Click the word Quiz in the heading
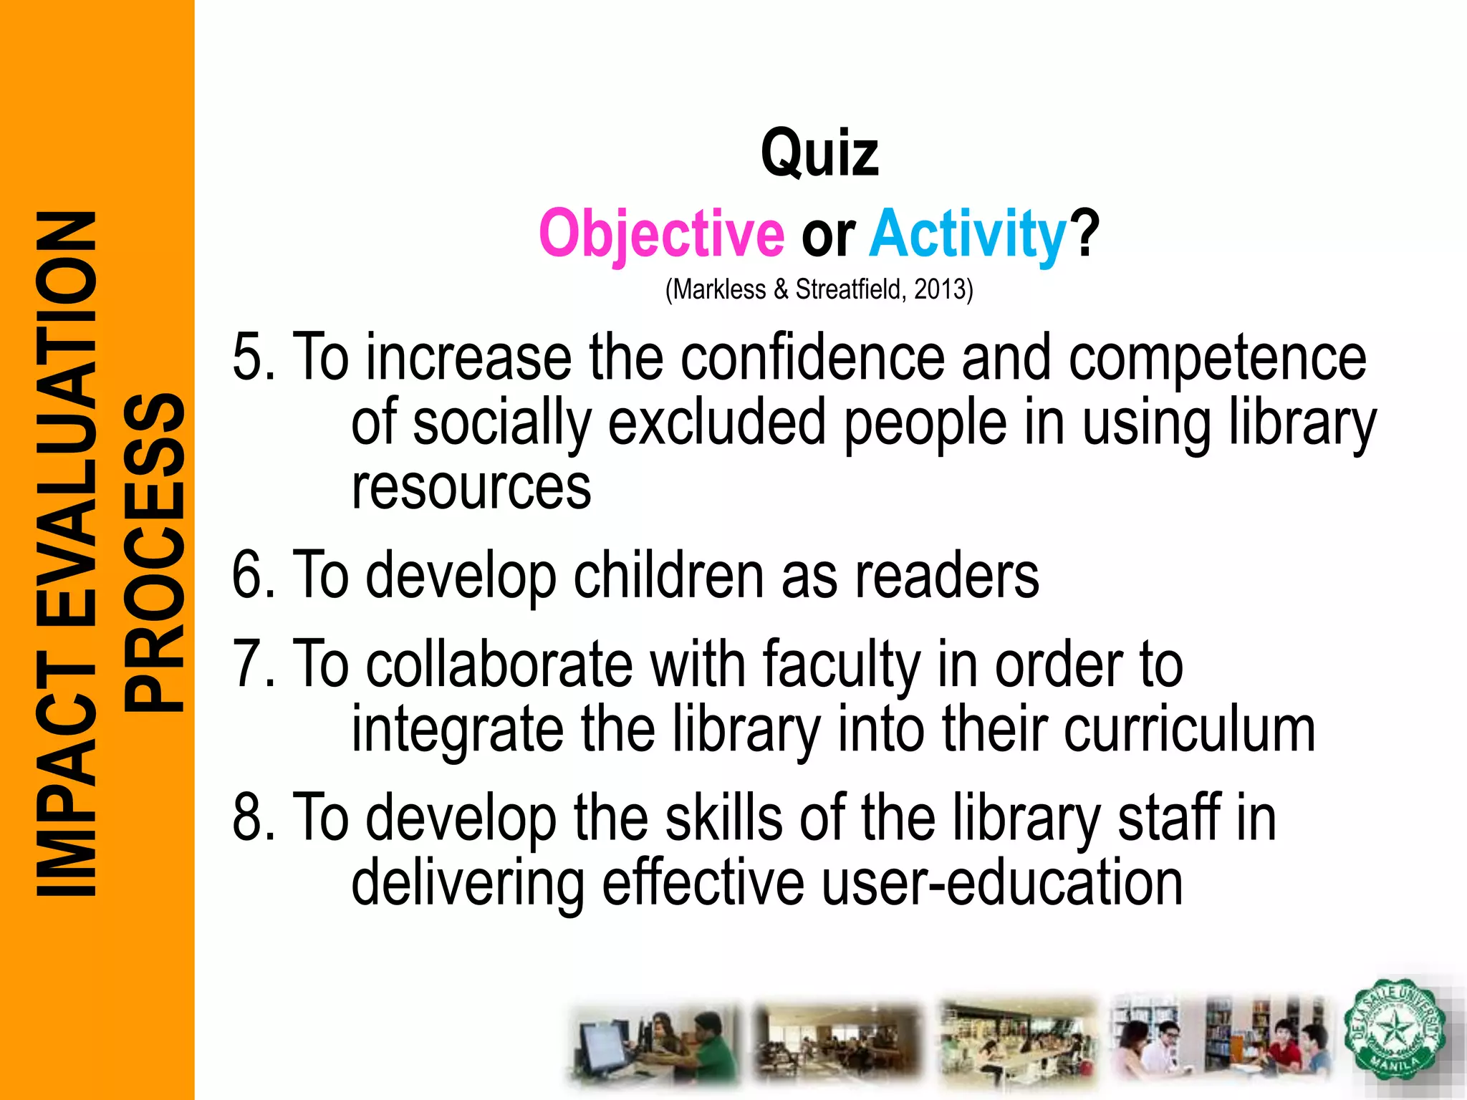point(819,154)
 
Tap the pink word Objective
point(661,234)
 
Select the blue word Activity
point(968,234)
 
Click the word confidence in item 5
point(812,357)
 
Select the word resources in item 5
point(471,488)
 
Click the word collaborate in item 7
point(499,665)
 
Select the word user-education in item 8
point(1001,883)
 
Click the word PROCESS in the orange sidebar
point(154,551)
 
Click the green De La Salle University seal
point(1393,1030)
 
